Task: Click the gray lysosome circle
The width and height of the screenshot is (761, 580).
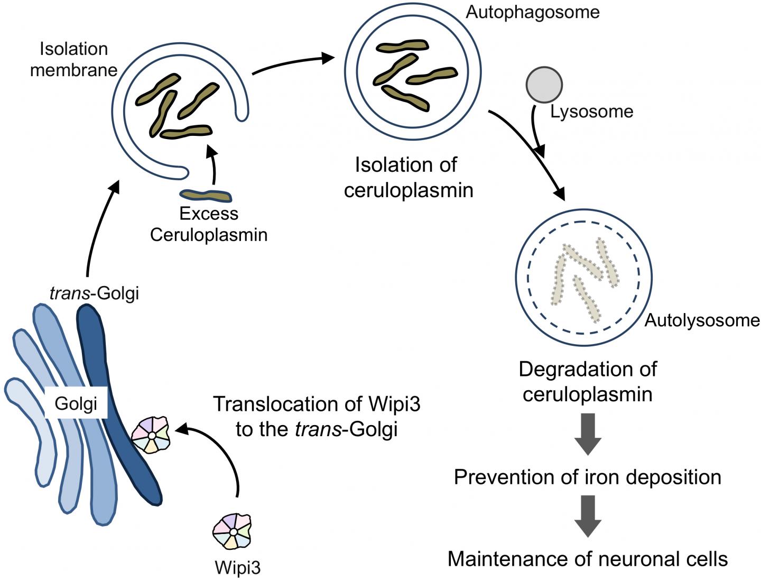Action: [544, 85]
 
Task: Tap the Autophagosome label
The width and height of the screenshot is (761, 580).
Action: [532, 12]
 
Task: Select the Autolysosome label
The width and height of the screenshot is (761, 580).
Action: [702, 320]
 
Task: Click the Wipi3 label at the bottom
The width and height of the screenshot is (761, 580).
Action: [237, 568]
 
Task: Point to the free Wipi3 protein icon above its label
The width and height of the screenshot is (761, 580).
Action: [232, 531]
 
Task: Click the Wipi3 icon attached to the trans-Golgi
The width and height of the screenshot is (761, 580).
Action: [151, 435]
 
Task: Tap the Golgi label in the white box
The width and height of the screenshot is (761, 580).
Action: [76, 404]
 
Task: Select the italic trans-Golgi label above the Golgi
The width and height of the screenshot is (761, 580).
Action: [94, 292]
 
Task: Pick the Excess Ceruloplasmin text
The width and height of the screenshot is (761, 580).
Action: [208, 224]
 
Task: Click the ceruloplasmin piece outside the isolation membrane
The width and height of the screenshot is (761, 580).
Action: [206, 196]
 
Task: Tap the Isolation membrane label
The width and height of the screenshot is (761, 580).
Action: [73, 59]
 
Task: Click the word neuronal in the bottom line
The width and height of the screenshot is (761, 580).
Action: [621, 559]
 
